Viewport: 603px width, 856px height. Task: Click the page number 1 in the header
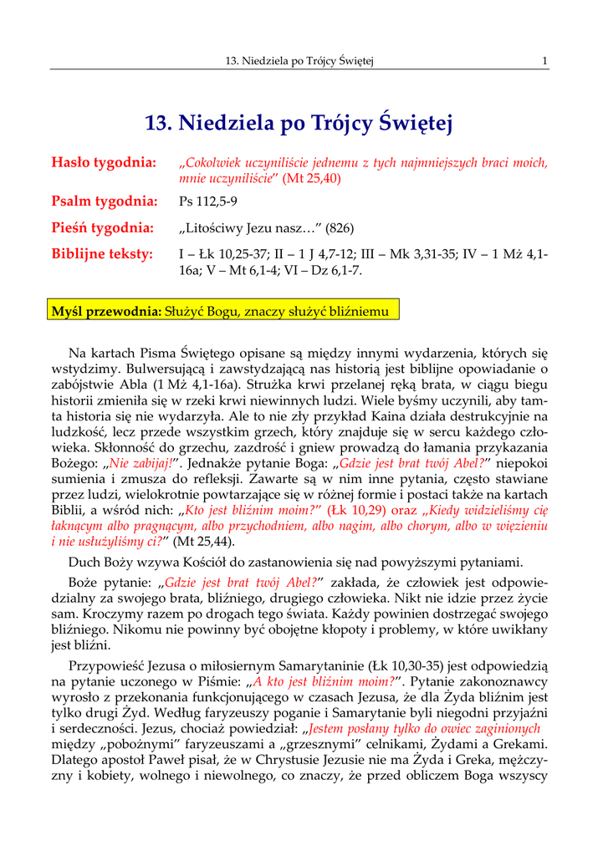coord(544,60)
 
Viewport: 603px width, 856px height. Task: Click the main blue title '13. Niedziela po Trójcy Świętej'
coord(299,124)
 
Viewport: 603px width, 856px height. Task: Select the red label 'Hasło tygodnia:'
coord(104,162)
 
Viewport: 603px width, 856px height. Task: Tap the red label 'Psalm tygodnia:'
coord(105,201)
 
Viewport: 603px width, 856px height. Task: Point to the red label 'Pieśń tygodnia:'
coord(103,227)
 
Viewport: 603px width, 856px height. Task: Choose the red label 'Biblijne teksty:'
coord(102,253)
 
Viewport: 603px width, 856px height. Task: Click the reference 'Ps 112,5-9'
coord(208,202)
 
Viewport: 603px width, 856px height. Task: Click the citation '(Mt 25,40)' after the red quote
coord(311,178)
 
